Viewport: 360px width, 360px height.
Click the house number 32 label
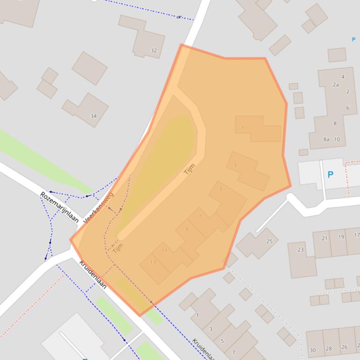click(154, 50)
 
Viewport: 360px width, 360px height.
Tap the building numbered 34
click(93, 116)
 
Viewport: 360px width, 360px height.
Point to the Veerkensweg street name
click(99, 208)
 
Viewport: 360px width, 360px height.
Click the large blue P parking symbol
click(330, 175)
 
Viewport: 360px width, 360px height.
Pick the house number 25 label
click(269, 241)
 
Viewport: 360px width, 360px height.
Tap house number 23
click(300, 250)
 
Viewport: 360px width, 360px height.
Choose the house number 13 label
click(153, 262)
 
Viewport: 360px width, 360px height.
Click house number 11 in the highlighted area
click(164, 251)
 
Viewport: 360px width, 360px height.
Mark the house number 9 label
click(187, 229)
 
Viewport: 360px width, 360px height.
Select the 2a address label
click(336, 85)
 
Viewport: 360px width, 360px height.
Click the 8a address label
click(326, 139)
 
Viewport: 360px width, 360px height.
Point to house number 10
click(337, 139)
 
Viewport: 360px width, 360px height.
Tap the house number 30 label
click(312, 350)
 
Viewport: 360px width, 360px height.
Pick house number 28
click(329, 348)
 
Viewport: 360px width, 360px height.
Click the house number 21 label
click(324, 238)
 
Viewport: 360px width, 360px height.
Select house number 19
click(341, 237)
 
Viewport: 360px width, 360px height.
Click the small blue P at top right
click(353, 40)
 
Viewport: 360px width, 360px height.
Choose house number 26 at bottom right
click(344, 347)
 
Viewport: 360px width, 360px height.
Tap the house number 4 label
click(343, 77)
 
